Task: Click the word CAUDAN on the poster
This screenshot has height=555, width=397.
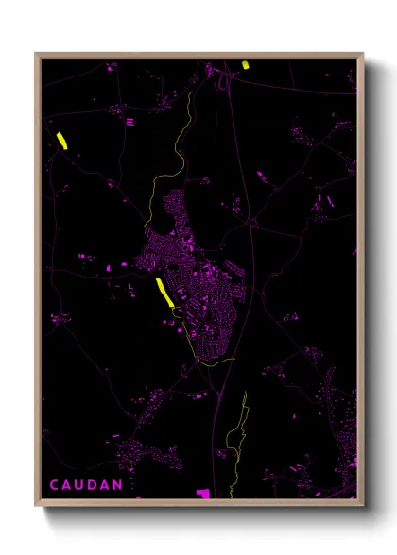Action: pyautogui.click(x=86, y=485)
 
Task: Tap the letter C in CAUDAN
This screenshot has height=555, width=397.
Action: pyautogui.click(x=55, y=485)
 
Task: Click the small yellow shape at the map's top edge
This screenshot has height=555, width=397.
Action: pyautogui.click(x=246, y=65)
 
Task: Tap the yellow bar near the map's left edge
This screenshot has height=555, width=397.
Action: pyautogui.click(x=61, y=140)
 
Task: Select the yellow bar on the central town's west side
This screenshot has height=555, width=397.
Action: pyautogui.click(x=164, y=291)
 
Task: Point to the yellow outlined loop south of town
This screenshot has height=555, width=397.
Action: pyautogui.click(x=236, y=434)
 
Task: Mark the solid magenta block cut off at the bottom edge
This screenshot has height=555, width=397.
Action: pyautogui.click(x=202, y=493)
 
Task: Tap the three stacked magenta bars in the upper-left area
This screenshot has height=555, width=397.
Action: pyautogui.click(x=129, y=121)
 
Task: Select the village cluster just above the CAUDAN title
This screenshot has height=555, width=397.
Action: pyautogui.click(x=142, y=453)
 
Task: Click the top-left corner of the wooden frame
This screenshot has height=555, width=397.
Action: pyautogui.click(x=36, y=54)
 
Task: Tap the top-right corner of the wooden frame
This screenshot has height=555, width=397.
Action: pyautogui.click(x=363, y=54)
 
